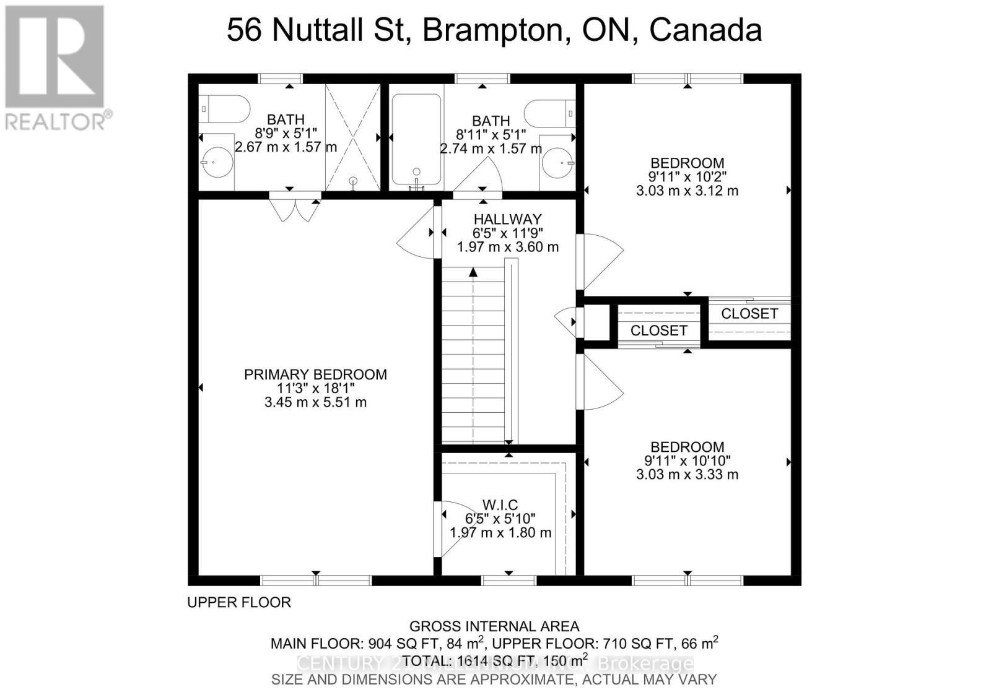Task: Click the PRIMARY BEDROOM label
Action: click(x=315, y=374)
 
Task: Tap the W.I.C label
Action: click(x=500, y=505)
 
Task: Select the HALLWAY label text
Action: click(x=507, y=219)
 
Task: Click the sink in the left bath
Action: click(x=217, y=162)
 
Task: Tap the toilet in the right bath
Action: click(x=551, y=114)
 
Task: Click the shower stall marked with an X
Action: click(x=352, y=137)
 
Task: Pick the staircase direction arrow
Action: click(x=473, y=272)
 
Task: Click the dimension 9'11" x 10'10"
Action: click(x=688, y=461)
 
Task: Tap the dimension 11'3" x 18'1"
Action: click(x=315, y=389)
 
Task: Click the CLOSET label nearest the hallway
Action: click(x=658, y=331)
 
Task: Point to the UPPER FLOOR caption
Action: click(x=239, y=602)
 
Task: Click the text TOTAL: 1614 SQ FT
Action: click(x=471, y=660)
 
